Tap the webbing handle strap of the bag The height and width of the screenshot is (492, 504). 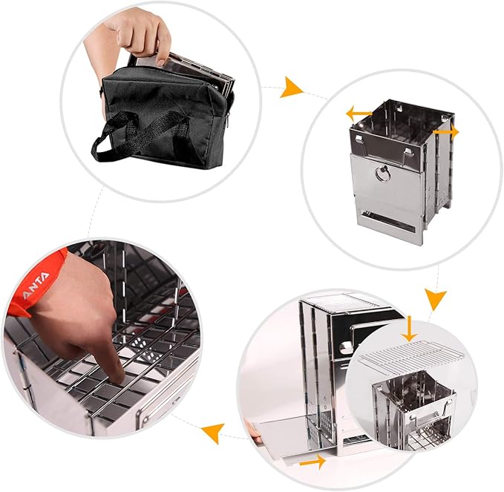[122, 134]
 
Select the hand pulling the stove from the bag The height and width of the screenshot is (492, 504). [141, 33]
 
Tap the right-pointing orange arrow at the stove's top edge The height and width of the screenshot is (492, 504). [446, 131]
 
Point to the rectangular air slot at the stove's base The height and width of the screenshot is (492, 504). [386, 220]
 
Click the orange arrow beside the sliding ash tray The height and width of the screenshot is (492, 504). [312, 462]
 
